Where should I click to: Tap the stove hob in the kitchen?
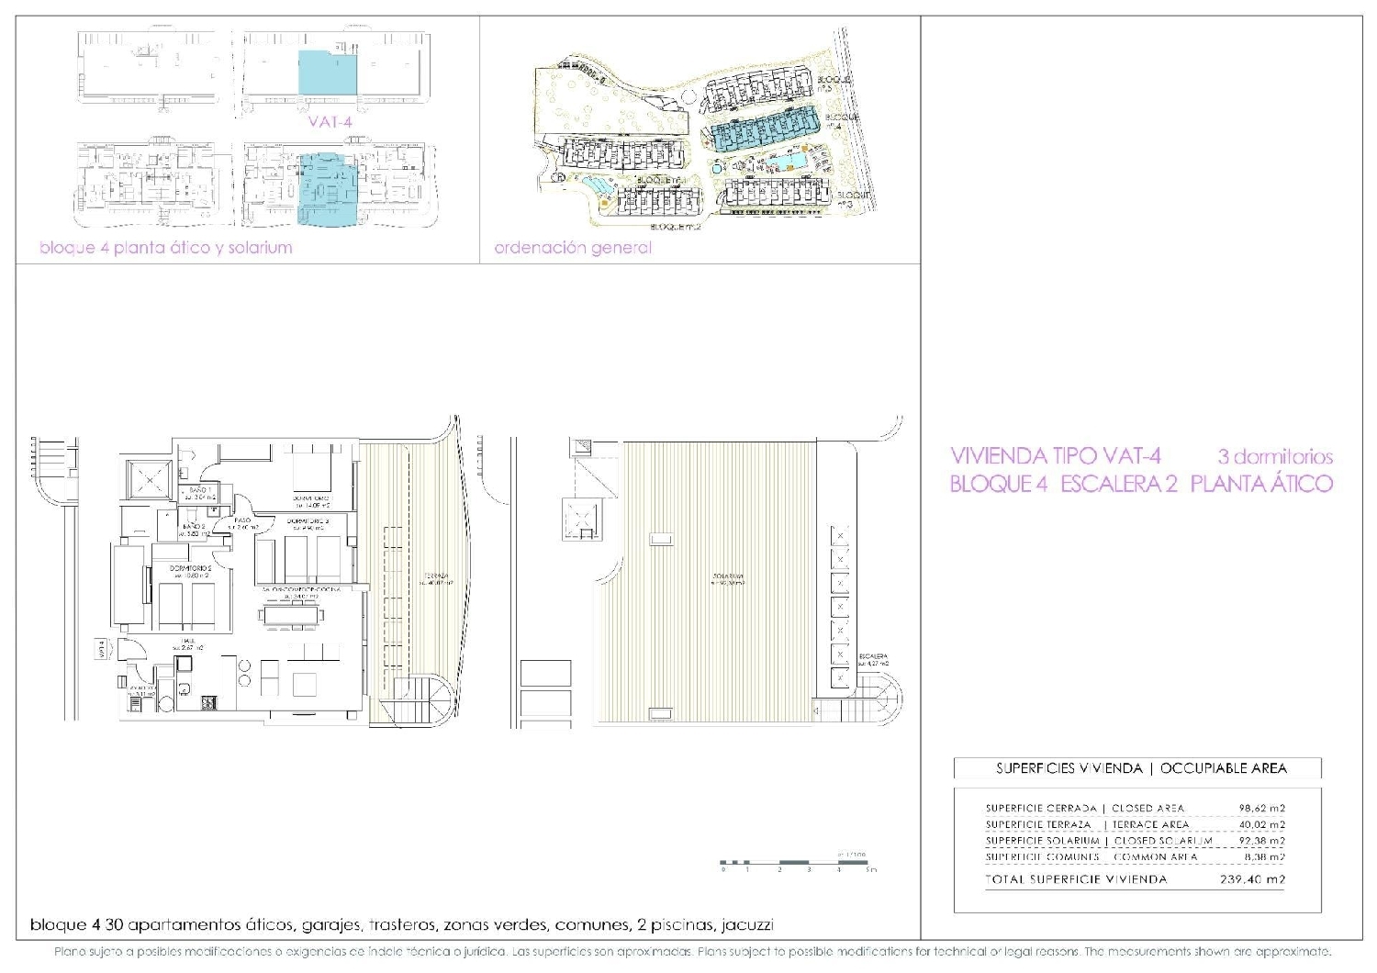tap(208, 703)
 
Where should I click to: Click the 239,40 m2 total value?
tap(1258, 879)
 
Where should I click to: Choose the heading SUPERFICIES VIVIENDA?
tap(1069, 768)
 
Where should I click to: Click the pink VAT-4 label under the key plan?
tap(331, 120)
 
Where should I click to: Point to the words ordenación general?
tap(573, 248)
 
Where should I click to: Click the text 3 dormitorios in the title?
tap(1274, 456)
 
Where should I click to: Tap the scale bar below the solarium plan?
tap(797, 863)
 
